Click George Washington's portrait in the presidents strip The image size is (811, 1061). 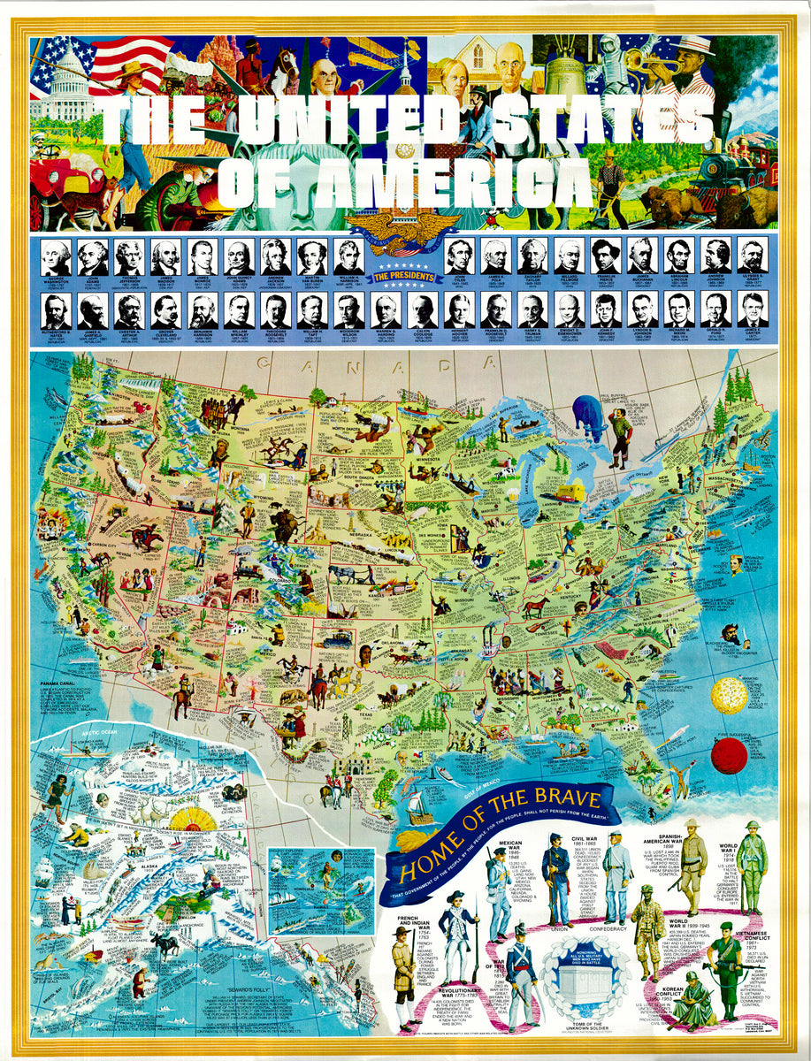56,256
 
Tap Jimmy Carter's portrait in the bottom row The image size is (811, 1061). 752,309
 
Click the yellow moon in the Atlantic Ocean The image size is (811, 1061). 728,695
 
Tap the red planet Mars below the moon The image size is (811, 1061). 729,756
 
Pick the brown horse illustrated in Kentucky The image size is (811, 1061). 535,608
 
